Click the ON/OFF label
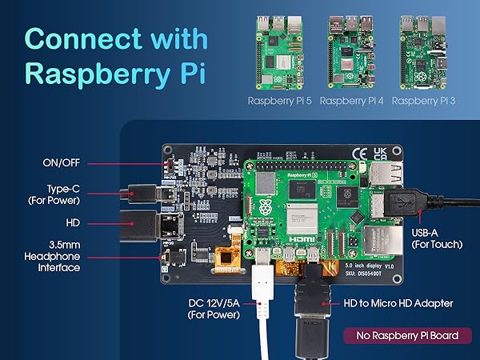tap(62, 163)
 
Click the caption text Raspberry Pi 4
tap(353, 102)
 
